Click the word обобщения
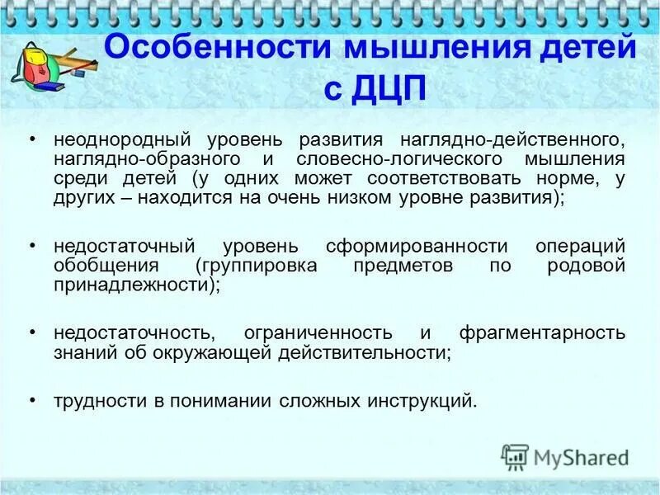pos(106,266)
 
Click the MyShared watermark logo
pos(565,457)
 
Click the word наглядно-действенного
pos(512,138)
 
